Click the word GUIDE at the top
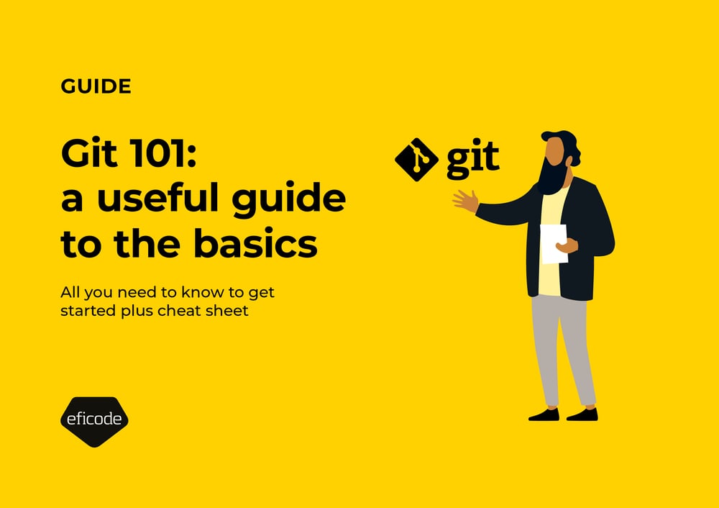[x=96, y=87]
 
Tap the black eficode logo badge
[x=94, y=421]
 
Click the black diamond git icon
[x=417, y=158]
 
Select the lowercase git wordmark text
[x=472, y=159]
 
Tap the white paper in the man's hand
[x=553, y=243]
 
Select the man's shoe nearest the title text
[x=544, y=414]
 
